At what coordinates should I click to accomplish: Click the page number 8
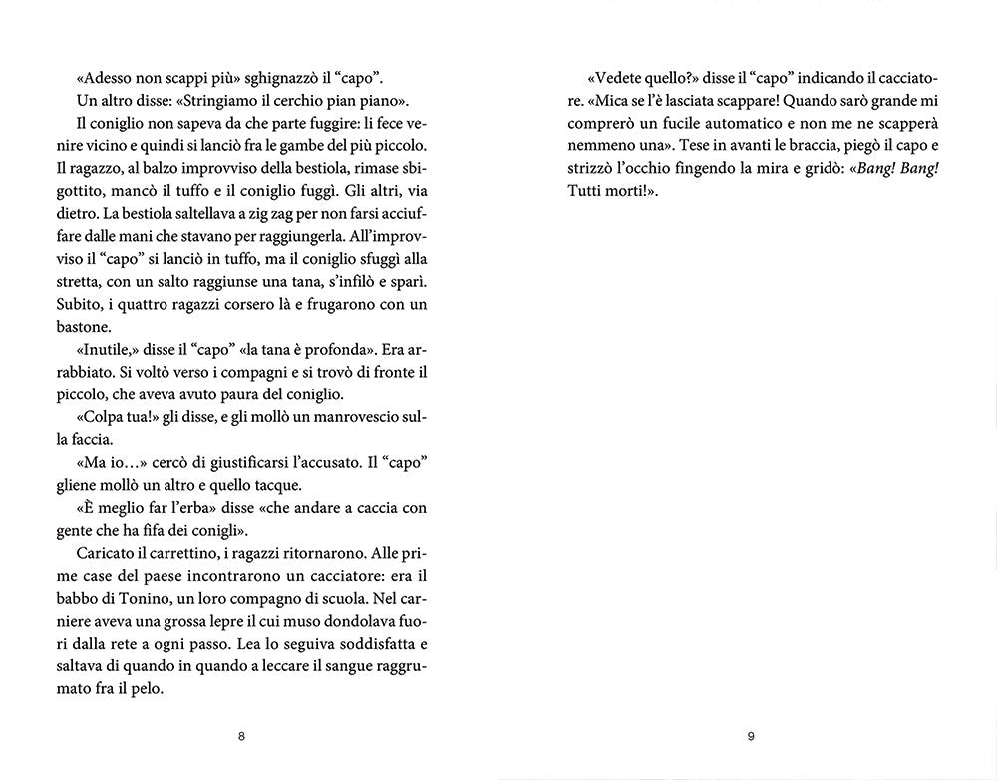[x=241, y=737]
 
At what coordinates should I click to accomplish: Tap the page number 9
[x=751, y=737]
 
